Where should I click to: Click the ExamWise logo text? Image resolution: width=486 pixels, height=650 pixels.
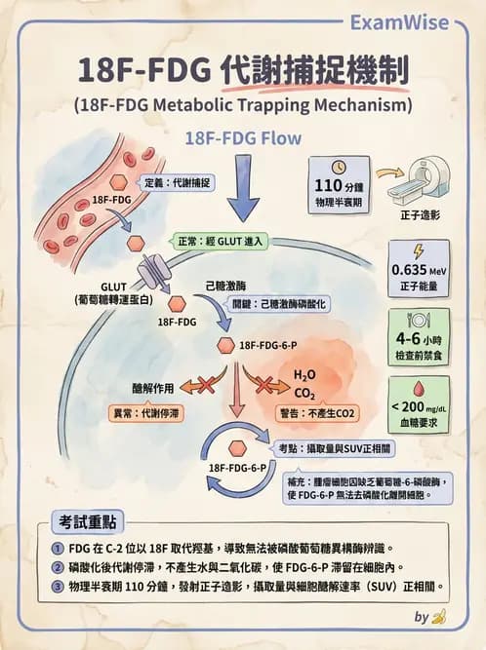pyautogui.click(x=415, y=22)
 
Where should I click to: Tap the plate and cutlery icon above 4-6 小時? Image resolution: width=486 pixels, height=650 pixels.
pyautogui.click(x=419, y=319)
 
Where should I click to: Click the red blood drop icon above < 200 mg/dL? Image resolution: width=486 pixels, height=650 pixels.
pyautogui.click(x=419, y=386)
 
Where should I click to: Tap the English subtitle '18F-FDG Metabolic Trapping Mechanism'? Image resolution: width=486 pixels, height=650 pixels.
pyautogui.click(x=243, y=103)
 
